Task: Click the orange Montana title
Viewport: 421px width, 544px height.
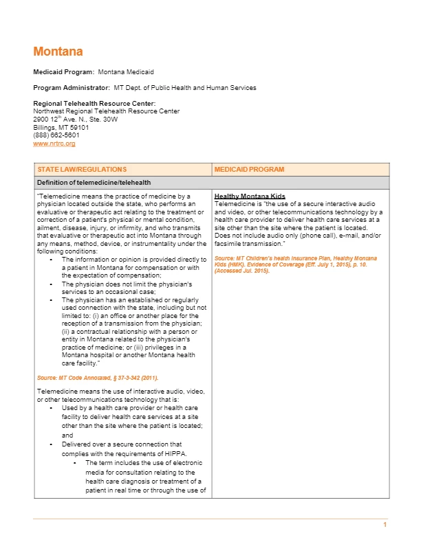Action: click(x=58, y=52)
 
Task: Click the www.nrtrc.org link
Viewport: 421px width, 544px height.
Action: click(x=54, y=144)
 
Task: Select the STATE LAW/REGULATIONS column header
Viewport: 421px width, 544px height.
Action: click(x=82, y=169)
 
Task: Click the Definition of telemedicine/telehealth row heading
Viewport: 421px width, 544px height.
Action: click(x=94, y=183)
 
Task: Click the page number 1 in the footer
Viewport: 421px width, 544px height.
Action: click(x=385, y=525)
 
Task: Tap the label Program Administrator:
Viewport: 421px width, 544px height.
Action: click(x=72, y=88)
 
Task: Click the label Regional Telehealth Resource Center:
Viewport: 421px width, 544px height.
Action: click(x=94, y=103)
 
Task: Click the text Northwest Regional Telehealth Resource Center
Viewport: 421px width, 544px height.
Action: click(x=107, y=111)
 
